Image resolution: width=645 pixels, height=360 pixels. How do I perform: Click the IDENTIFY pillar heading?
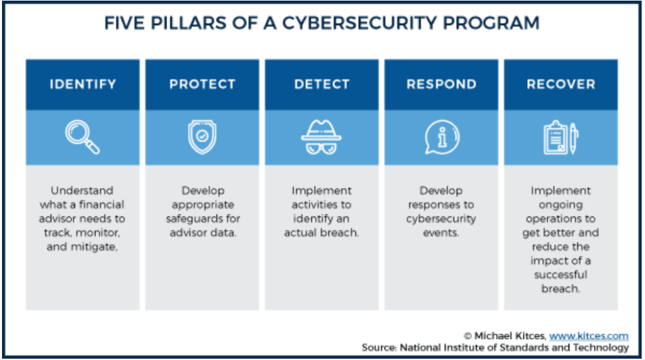click(x=83, y=85)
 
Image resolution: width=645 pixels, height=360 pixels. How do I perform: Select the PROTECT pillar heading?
click(x=202, y=85)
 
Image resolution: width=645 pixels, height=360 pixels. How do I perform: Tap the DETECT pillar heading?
click(x=321, y=85)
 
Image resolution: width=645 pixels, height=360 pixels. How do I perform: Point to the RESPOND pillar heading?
click(x=441, y=85)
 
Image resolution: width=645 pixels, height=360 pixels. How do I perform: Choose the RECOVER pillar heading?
click(x=561, y=85)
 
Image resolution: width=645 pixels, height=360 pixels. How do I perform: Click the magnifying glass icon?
click(x=83, y=137)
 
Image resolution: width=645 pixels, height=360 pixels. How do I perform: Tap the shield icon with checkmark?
click(x=202, y=137)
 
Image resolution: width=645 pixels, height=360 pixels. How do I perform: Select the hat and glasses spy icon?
click(x=321, y=137)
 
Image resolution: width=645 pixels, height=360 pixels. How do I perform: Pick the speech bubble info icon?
click(x=441, y=137)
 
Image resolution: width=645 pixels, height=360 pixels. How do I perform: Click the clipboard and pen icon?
click(x=561, y=137)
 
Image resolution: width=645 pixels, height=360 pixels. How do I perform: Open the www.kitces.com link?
click(x=588, y=336)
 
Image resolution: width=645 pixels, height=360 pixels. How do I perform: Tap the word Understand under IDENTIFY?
click(x=82, y=191)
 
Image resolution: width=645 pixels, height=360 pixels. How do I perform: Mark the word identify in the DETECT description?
click(x=309, y=219)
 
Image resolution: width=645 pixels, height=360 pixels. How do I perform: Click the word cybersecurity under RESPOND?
click(x=441, y=219)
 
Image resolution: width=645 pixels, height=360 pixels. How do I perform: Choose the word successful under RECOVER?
click(x=560, y=275)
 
